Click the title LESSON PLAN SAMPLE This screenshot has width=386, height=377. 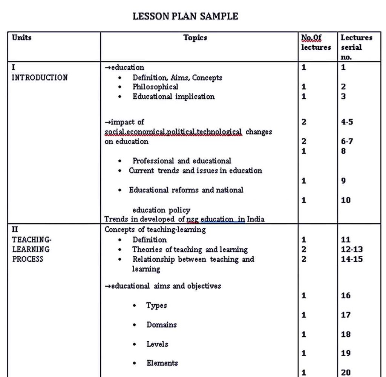pos(185,16)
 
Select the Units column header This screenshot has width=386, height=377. pos(21,38)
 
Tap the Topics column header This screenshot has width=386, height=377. pos(195,38)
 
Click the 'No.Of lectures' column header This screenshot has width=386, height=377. pos(316,43)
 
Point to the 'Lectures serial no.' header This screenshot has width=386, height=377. pos(356,47)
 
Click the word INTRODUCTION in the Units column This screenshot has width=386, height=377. pos(40,78)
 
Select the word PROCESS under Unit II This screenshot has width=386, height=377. pos(28,259)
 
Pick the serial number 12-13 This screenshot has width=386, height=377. pos(352,249)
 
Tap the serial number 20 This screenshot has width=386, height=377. pos(346,372)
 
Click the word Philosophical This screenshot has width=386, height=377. pos(155,87)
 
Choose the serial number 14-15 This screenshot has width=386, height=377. pos(352,259)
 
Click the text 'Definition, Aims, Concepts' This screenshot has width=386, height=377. pos(177,78)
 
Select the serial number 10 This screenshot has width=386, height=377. pos(346,200)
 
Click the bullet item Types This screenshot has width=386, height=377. pos(156,305)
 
